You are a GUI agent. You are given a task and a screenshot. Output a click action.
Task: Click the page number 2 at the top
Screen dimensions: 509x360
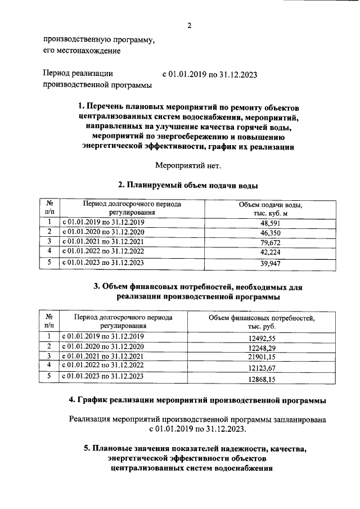coord(190,25)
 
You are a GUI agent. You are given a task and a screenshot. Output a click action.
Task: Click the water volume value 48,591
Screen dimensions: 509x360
coord(271,223)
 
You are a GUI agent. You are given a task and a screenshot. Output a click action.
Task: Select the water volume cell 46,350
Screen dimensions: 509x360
coord(271,232)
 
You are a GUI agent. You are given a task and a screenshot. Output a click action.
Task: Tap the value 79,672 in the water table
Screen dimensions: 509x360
coord(271,242)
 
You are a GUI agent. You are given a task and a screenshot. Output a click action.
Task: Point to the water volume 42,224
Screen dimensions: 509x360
coord(271,252)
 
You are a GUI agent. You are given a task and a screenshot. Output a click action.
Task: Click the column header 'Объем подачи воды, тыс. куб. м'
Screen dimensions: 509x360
coord(271,208)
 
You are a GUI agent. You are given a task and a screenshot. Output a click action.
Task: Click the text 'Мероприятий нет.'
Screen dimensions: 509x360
coord(188,165)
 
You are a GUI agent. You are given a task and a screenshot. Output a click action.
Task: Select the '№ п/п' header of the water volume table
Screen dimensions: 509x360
coord(49,208)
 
